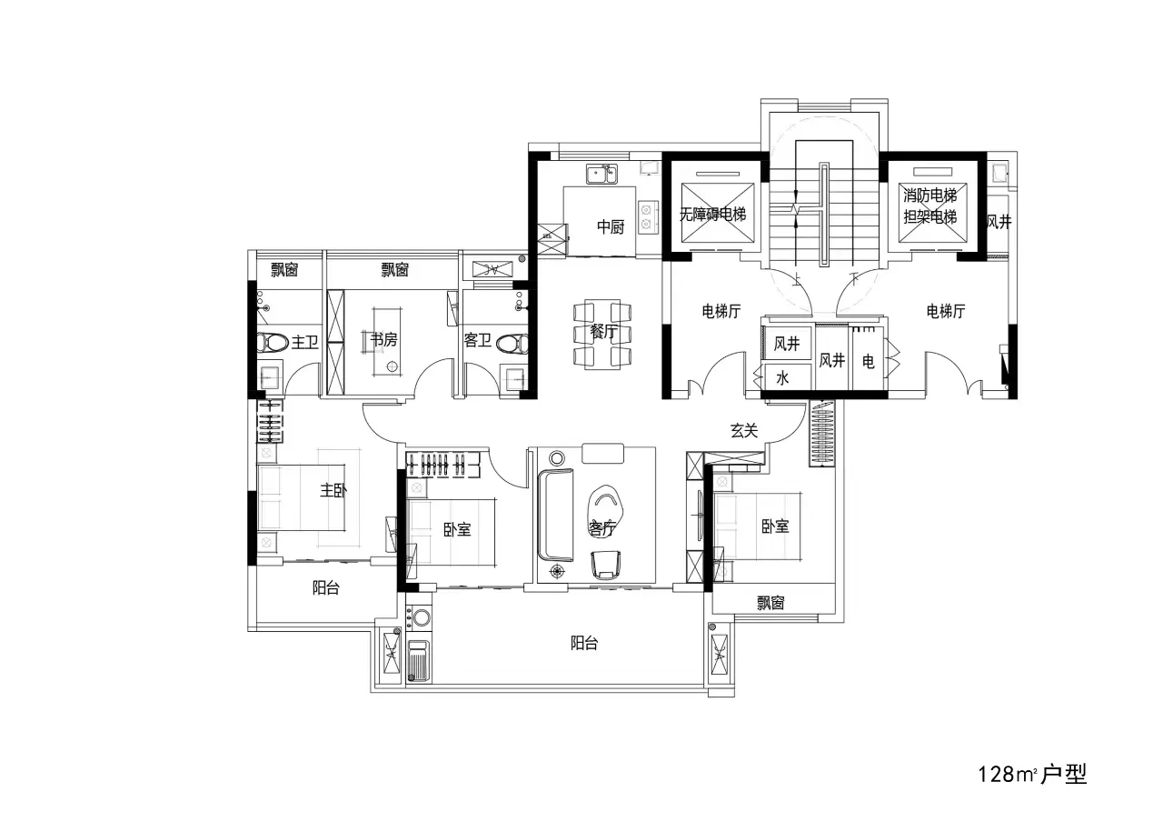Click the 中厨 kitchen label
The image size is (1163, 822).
pos(610,226)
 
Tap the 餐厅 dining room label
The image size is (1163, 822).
pos(602,332)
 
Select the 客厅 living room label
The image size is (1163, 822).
pos(601,528)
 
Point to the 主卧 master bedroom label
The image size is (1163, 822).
pos(333,490)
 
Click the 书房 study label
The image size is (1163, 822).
pos(383,339)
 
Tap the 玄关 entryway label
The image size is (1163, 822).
pos(743,430)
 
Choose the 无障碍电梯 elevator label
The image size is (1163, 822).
pos(712,214)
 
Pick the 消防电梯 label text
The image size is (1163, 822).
pos(929,195)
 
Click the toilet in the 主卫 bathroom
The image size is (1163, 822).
pos(273,343)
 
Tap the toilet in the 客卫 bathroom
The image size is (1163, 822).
pos(512,344)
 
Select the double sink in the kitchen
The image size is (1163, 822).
pos(601,174)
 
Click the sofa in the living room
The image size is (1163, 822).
pos(556,515)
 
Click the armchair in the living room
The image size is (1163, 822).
pos(605,566)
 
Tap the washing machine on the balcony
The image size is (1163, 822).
pos(419,618)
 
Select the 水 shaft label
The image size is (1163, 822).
pos(782,377)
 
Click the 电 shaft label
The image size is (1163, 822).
pos(868,361)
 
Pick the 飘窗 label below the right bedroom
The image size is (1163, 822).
pos(770,603)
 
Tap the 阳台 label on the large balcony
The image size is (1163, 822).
pos(584,643)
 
